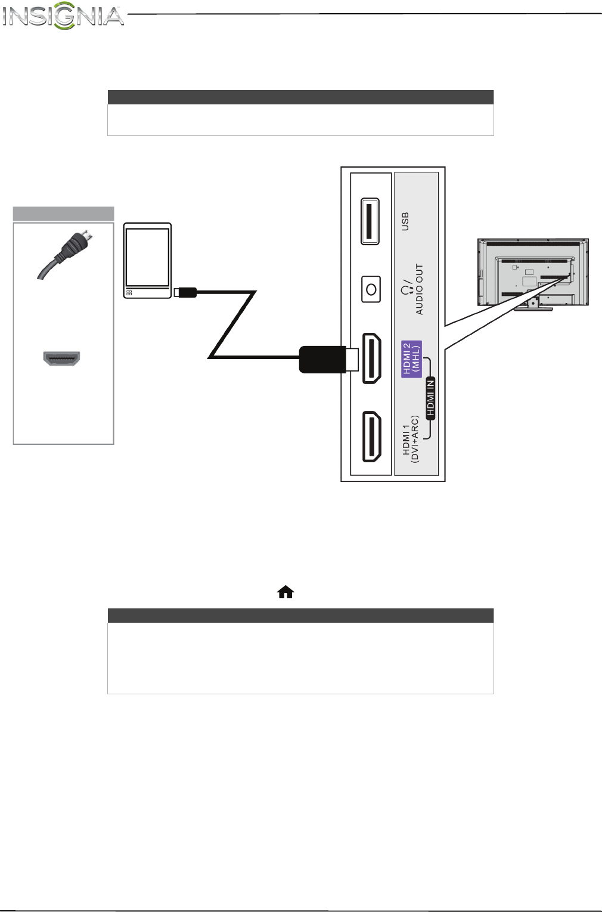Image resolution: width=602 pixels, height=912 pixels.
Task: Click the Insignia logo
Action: (x=63, y=16)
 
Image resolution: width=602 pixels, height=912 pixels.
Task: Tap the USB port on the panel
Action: (x=370, y=221)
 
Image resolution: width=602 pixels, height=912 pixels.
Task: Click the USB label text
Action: (x=405, y=221)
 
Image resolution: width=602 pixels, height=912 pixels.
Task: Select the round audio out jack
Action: (x=371, y=290)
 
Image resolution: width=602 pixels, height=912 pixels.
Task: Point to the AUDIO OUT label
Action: (x=419, y=289)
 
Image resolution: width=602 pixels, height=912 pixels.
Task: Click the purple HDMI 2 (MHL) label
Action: (x=411, y=358)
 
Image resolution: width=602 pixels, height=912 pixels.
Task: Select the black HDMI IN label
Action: (x=430, y=397)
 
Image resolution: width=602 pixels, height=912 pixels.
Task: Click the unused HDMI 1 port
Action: (x=372, y=436)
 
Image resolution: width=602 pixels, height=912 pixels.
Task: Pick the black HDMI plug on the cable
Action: (x=322, y=359)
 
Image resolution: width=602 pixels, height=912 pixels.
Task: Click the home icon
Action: (x=286, y=592)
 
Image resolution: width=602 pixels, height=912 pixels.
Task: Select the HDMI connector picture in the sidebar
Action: (x=61, y=358)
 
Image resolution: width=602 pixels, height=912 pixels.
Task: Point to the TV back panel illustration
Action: (x=533, y=271)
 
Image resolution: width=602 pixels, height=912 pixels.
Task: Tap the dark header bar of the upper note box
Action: (x=300, y=97)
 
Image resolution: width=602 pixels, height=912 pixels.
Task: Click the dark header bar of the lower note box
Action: (x=300, y=616)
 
